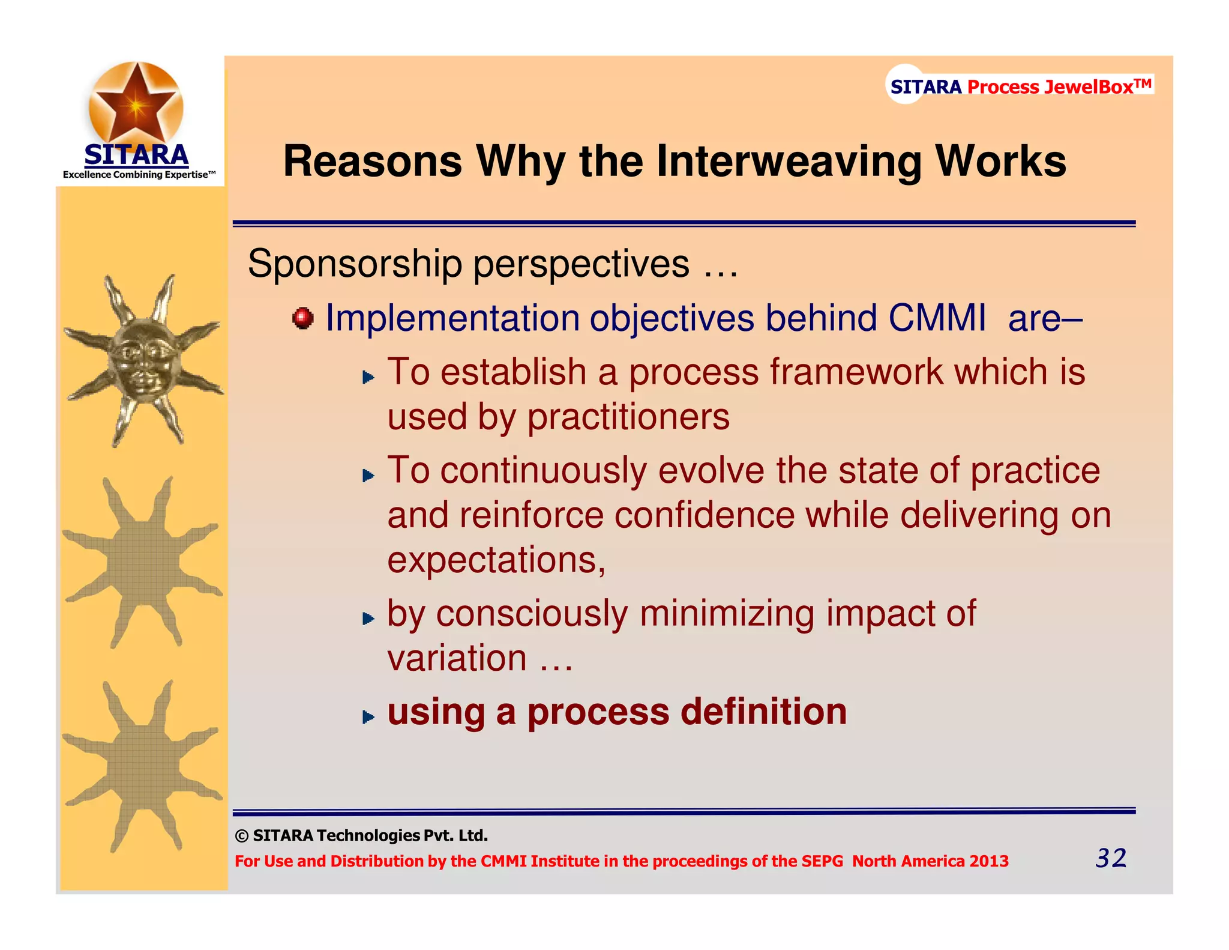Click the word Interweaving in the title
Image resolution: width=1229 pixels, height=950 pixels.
pos(789,162)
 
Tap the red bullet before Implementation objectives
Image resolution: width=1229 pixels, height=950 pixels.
pos(303,318)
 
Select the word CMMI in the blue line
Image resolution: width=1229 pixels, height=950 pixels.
pos(937,318)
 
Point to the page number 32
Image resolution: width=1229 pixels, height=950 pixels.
pos(1111,858)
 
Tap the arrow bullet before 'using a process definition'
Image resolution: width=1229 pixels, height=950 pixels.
pos(368,716)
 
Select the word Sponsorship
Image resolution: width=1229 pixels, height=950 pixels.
pos(355,264)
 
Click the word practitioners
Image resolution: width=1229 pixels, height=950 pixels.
pos(628,417)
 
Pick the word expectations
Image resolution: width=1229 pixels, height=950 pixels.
pos(496,560)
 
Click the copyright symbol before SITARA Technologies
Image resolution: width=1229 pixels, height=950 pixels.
pos(242,836)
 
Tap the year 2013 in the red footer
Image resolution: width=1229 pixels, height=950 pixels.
pos(989,861)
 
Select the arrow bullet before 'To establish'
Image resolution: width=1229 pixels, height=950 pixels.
pos(368,377)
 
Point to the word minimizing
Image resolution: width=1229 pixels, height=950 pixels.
pos(727,614)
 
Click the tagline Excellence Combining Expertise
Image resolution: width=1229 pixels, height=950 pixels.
pos(139,175)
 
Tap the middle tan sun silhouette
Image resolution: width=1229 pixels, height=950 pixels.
pos(142,563)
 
